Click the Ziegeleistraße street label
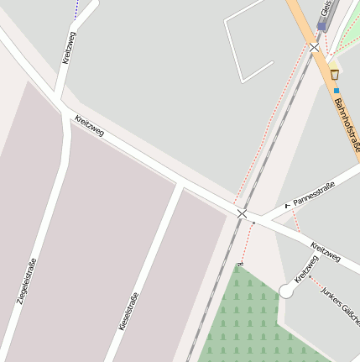[x=27, y=281]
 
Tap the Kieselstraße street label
[x=128, y=310]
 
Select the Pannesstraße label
[x=315, y=194]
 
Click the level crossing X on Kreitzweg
[x=243, y=213]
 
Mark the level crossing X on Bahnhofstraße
[x=314, y=48]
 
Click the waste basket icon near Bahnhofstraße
[x=335, y=75]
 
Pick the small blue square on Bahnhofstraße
[x=337, y=90]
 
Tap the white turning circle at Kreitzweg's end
[x=286, y=291]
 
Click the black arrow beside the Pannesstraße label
[x=287, y=204]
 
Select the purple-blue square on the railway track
[x=321, y=27]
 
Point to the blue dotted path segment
[x=76, y=10]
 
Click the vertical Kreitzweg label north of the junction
[x=69, y=47]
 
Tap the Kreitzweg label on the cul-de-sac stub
[x=306, y=269]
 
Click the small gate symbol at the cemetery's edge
[x=240, y=264]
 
